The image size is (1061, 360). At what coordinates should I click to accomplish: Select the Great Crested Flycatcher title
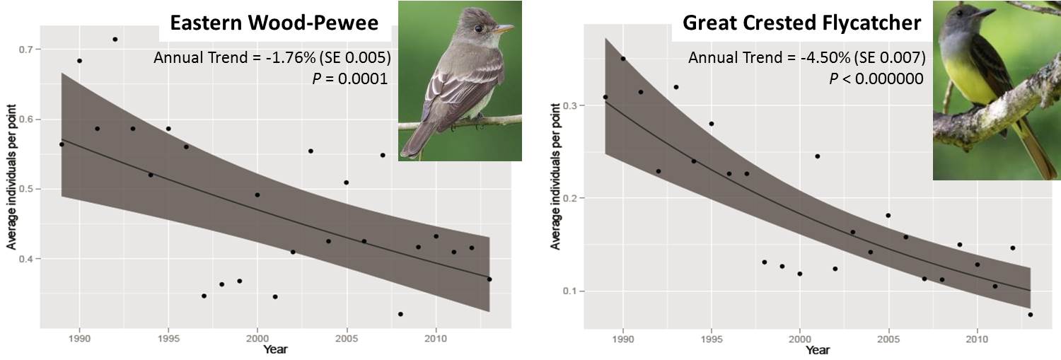801,23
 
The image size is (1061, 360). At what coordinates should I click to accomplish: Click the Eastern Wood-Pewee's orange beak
504,30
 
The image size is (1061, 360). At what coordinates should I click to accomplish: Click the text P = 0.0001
349,79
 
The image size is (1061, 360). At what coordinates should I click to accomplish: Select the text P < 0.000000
876,79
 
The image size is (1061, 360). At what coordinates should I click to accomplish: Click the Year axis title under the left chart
275,349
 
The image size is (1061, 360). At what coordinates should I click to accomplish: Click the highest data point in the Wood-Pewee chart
115,40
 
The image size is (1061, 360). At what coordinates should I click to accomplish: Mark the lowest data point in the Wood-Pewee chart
400,314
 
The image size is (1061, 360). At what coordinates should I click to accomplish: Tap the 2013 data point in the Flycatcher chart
1030,315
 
